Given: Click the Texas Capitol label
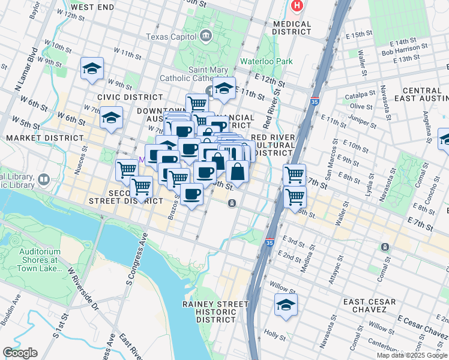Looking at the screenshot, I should click(x=172, y=37).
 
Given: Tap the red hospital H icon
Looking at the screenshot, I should click(x=296, y=7).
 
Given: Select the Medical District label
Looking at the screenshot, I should click(x=292, y=28).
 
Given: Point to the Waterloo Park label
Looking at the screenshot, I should click(x=266, y=61).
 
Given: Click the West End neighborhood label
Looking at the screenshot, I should click(x=92, y=7).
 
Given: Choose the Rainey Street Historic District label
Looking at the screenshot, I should click(x=215, y=313).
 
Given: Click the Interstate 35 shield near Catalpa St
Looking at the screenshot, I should click(x=315, y=102).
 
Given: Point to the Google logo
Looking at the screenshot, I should click(x=19, y=353).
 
